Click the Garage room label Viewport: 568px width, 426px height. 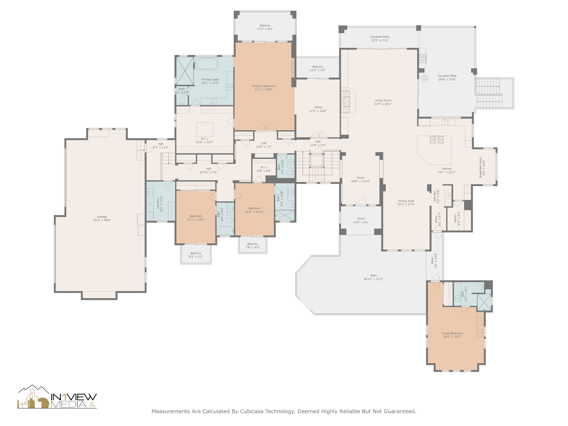coord(102,217)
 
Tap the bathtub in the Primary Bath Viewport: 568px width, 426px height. coord(207,64)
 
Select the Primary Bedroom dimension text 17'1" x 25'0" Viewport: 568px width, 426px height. coord(263,90)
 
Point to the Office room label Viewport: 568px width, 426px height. coord(318,107)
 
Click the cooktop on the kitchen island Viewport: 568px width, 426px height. coord(437,140)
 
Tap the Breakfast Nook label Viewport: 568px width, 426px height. coord(481,168)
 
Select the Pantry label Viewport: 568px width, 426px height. coord(455,218)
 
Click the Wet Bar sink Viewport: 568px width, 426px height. coord(448,195)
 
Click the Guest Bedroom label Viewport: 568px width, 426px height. coord(452,333)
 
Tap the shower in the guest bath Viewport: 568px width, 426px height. coord(484,302)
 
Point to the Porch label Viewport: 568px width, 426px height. coord(361,219)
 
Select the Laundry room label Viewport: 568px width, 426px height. coord(158,204)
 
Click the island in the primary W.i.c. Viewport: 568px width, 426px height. coord(205,129)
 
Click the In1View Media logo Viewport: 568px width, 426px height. coord(57,397)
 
